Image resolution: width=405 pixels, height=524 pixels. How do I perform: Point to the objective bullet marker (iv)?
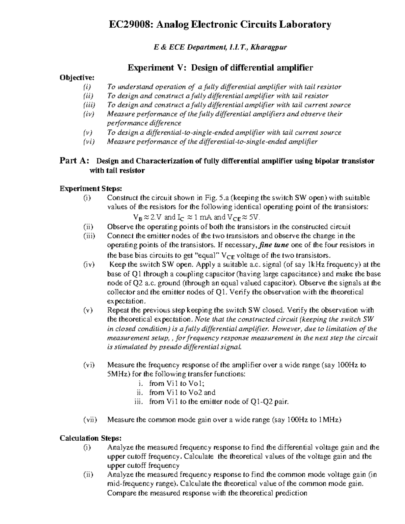pos(89,114)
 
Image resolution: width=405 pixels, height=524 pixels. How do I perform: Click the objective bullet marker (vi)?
pos(89,142)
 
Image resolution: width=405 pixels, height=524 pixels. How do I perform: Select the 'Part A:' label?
pos(75,161)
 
